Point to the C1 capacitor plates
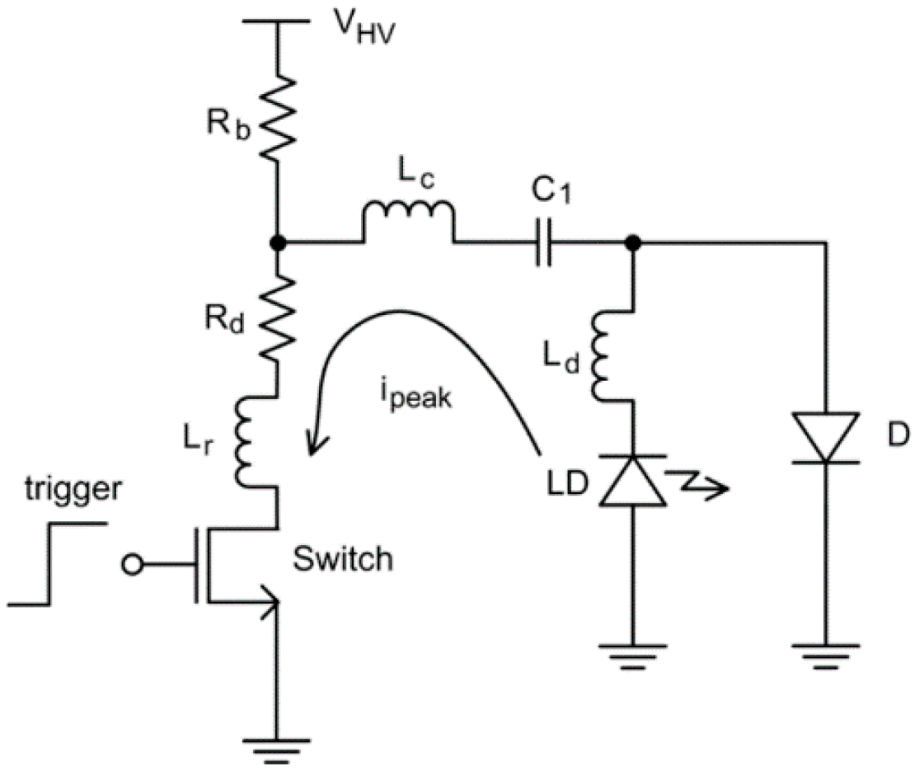point(542,243)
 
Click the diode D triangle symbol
point(823,437)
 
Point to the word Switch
point(343,560)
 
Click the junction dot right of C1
point(633,242)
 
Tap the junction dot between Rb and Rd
point(279,242)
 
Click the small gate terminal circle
point(130,565)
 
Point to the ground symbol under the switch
point(279,738)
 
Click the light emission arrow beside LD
point(699,482)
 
